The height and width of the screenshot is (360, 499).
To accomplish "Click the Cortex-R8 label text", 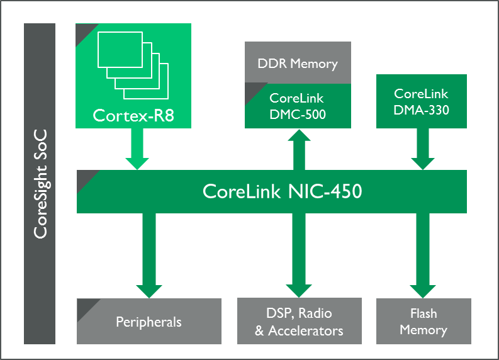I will point(133,115).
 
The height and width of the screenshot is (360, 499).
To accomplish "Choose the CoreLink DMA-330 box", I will point(421,101).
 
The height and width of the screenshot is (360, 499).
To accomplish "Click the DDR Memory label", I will point(298,64).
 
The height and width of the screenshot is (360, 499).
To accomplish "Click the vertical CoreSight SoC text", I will point(40,184).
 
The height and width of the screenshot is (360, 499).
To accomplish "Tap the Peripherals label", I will point(149,322).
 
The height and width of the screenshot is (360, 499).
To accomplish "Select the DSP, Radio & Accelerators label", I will point(299,322).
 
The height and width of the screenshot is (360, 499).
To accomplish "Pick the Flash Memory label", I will point(423,322).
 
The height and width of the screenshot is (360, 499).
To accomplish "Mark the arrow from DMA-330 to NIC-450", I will point(422,150).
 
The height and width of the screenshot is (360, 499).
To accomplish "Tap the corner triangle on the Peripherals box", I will point(84,307).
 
